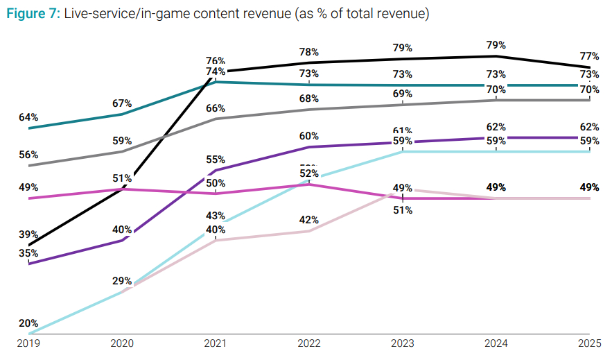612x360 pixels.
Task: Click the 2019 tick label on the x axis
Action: click(29, 343)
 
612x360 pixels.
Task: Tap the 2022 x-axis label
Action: click(309, 343)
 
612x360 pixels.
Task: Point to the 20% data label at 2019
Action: click(28, 323)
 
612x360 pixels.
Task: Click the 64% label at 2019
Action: click(28, 117)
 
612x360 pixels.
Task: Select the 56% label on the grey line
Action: click(28, 155)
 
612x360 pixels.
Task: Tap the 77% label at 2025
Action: click(590, 56)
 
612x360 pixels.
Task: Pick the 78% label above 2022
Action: click(309, 52)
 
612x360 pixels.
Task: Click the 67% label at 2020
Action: click(123, 103)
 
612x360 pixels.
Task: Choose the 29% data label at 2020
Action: click(123, 281)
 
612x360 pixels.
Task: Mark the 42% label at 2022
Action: click(309, 220)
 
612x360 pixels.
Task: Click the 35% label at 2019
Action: click(28, 253)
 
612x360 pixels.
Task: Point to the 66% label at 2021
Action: click(216, 108)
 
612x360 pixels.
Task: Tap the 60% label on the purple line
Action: click(309, 136)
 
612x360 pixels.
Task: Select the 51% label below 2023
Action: click(403, 210)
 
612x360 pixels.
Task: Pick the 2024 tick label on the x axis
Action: click(496, 343)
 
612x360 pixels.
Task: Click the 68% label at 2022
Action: click(309, 98)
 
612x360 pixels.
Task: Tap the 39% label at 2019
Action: click(28, 235)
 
